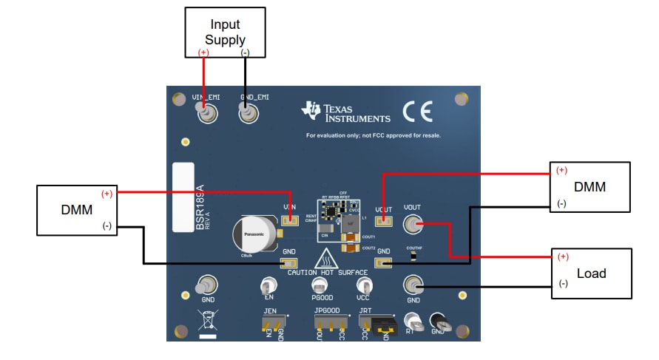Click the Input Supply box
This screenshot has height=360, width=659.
[225, 32]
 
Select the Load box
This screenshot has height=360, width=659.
[591, 274]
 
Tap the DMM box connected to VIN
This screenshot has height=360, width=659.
[78, 211]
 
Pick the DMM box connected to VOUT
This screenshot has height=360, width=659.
[589, 187]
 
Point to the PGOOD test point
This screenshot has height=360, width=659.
[319, 285]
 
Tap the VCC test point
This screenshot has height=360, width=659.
[362, 285]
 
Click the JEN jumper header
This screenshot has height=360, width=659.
[272, 323]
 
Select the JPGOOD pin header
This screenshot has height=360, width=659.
[330, 323]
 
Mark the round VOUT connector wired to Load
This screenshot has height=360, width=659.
[412, 223]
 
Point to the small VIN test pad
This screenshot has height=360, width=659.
[290, 220]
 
